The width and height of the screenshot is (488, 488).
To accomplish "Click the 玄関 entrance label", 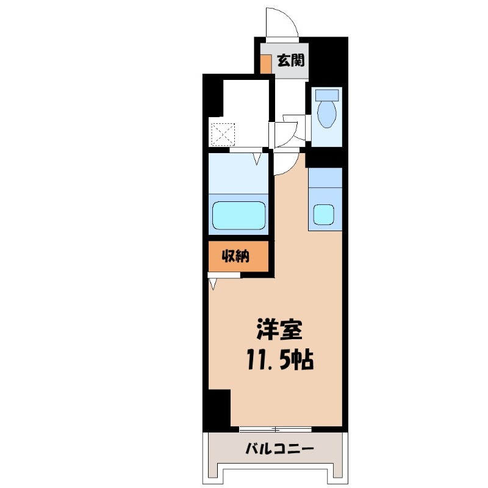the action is point(291,60).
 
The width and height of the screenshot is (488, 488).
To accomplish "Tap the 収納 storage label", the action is point(235,256).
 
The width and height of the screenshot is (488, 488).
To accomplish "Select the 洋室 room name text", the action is point(279,329).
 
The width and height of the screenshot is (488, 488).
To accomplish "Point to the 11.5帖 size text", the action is point(280,360).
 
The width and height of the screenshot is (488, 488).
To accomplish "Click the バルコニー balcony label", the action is point(279,448).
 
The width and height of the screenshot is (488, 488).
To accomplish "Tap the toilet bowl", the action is point(326,114).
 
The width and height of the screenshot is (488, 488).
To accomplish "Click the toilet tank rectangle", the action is point(327,95).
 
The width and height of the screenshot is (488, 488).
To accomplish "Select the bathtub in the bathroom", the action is point(239,215).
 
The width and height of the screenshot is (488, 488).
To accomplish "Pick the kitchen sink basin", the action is point(324,215).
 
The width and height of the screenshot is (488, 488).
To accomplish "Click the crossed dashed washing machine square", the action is point(223,134).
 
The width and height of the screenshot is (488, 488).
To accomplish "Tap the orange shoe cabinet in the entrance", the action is point(265,64).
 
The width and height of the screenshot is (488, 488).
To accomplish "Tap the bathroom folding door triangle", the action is point(257,159).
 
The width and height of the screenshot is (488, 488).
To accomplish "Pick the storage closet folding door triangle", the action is point(213,284).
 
